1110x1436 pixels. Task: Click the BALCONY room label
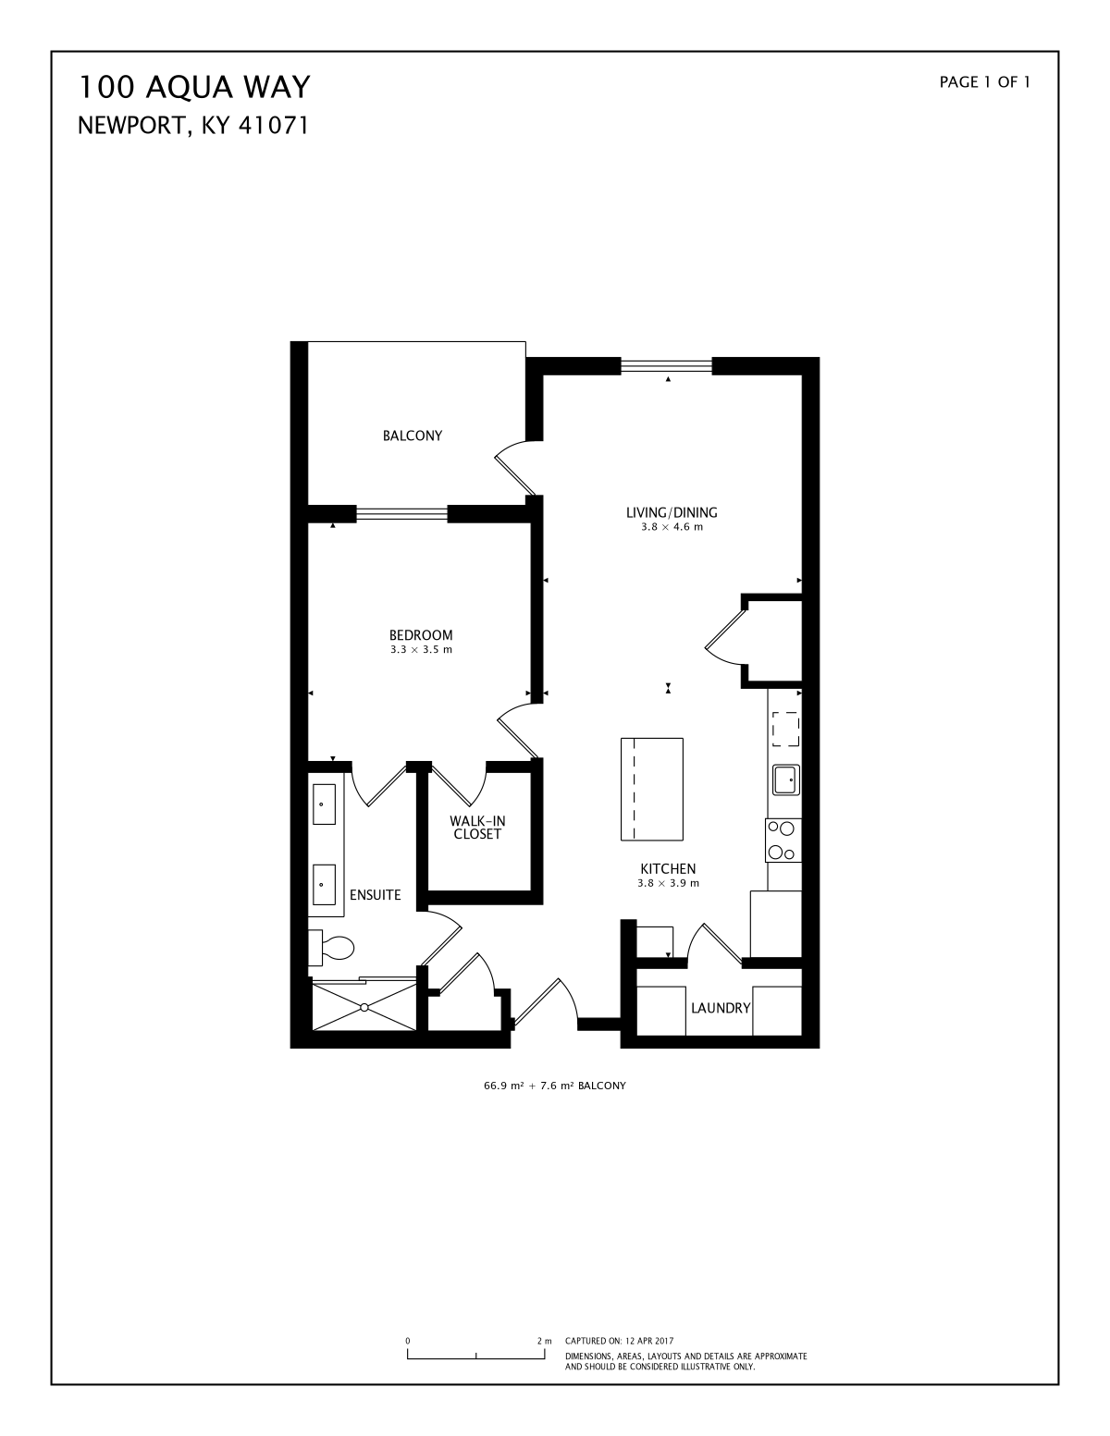[412, 436]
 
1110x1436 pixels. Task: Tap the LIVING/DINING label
[671, 512]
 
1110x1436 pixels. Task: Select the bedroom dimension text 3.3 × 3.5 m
[421, 650]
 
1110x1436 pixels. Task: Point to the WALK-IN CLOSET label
[477, 828]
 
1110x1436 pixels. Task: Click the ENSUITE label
[375, 895]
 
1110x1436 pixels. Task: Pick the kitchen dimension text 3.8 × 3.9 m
[668, 883]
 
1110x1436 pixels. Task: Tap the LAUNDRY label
[721, 1009]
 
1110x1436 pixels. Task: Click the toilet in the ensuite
[331, 948]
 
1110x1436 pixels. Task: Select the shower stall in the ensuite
[364, 1006]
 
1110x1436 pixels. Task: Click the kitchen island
[652, 789]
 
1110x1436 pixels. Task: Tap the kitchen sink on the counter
[786, 779]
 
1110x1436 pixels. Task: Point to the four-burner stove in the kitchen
[783, 840]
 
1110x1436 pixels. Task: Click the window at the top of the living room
[666, 365]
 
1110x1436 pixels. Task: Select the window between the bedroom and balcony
[402, 513]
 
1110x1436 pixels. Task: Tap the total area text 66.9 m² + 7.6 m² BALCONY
[555, 1086]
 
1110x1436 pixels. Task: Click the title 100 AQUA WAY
[194, 87]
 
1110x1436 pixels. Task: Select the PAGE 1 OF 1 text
[984, 82]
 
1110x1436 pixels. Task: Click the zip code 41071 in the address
[273, 126]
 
